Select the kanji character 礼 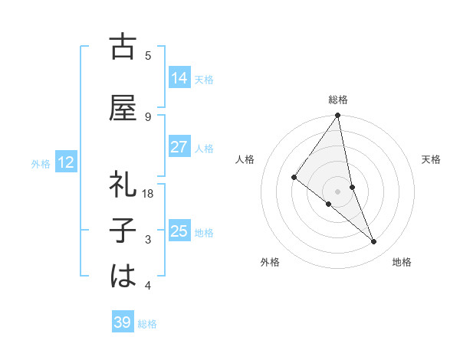point(123,184)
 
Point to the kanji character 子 point(123,231)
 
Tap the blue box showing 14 point(179,77)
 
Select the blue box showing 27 point(179,146)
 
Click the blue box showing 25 point(179,231)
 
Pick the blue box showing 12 point(65,162)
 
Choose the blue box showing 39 point(123,322)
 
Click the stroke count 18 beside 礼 point(148,194)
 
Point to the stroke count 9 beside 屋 point(148,116)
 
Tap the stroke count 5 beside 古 point(148,55)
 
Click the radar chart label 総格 point(338,100)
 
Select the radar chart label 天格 point(432,159)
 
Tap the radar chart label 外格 point(270,262)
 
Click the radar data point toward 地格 point(374,241)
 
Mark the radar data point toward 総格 point(338,116)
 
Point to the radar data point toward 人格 point(294,177)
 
